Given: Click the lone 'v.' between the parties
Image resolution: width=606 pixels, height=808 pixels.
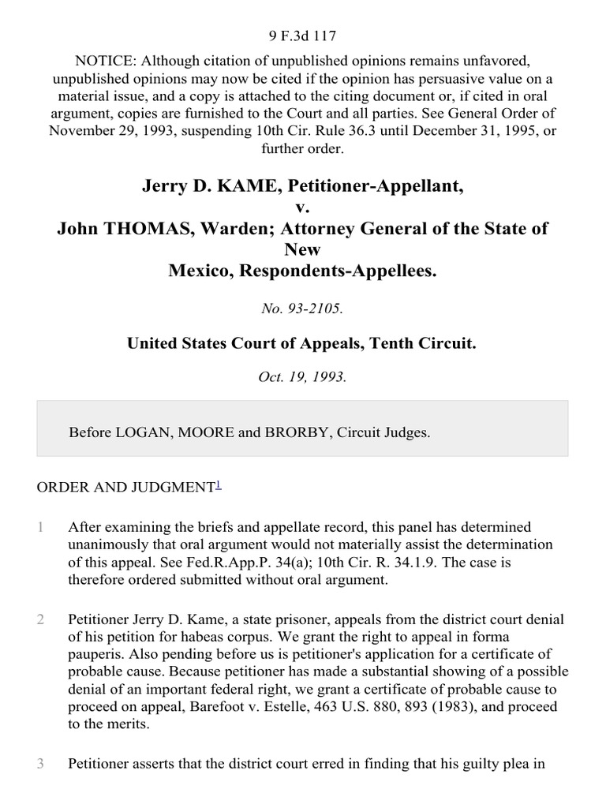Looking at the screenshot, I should (302, 208).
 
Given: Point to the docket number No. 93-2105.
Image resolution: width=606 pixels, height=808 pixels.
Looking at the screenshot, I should (302, 309).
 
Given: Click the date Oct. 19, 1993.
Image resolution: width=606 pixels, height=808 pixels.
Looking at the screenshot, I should (302, 376).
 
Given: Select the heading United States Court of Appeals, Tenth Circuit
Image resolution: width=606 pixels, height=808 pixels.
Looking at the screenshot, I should (302, 343).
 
